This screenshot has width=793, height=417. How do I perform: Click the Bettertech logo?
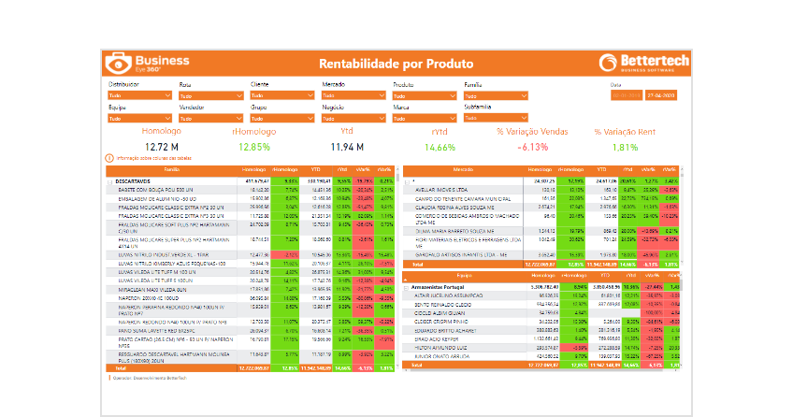(642, 63)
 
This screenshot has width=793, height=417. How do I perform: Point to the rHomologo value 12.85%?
(253, 147)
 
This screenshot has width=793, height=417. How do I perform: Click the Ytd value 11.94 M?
(347, 147)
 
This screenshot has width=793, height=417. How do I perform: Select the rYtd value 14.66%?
(440, 147)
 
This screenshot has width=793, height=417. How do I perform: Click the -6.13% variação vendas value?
(534, 147)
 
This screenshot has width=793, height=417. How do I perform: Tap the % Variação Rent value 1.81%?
(625, 147)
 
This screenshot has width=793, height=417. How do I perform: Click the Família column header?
(172, 169)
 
